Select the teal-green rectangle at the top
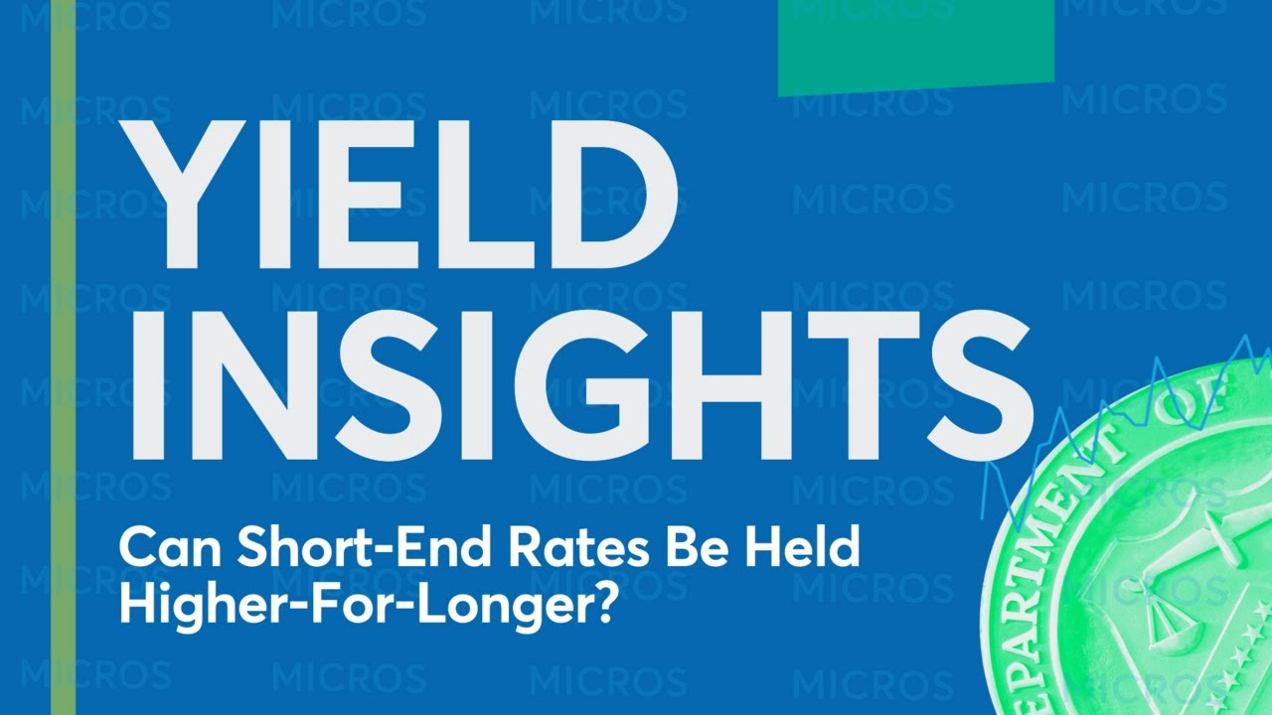(x=915, y=46)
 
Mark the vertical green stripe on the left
(x=63, y=357)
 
